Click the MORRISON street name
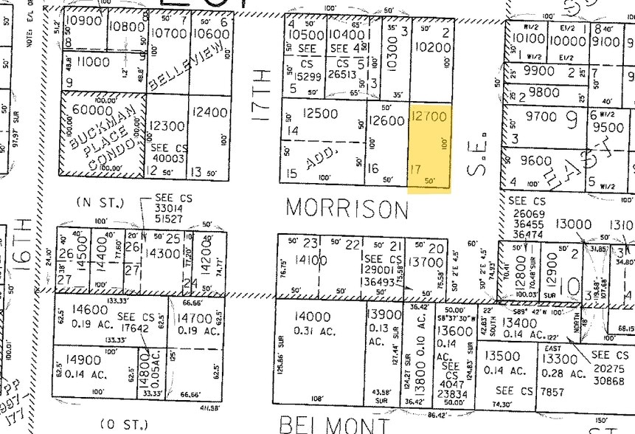click(347, 208)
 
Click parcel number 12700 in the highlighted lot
click(429, 116)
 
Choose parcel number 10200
click(432, 46)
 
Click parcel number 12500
click(321, 114)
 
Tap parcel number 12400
click(209, 112)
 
